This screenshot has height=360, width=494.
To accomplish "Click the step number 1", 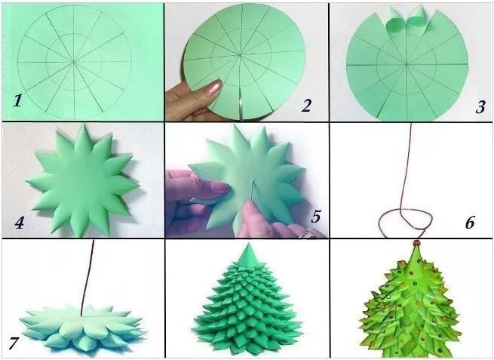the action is point(17,100).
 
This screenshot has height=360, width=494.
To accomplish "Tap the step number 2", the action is point(306,106).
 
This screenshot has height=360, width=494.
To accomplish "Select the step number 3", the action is point(480,107).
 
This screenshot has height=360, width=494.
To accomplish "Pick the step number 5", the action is point(316,216).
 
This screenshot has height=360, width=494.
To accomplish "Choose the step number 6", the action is point(469,223).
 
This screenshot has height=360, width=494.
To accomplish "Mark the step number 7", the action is point(14,343).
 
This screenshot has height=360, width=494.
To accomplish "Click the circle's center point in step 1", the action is point(75,62).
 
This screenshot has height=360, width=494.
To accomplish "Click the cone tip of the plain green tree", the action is point(247,243).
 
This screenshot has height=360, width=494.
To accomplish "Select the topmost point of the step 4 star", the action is point(84,125).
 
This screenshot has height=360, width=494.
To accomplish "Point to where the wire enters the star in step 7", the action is point(81,314).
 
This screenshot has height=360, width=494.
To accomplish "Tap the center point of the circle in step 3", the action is point(407,65).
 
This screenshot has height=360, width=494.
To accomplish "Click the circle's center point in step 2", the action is point(240,56).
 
